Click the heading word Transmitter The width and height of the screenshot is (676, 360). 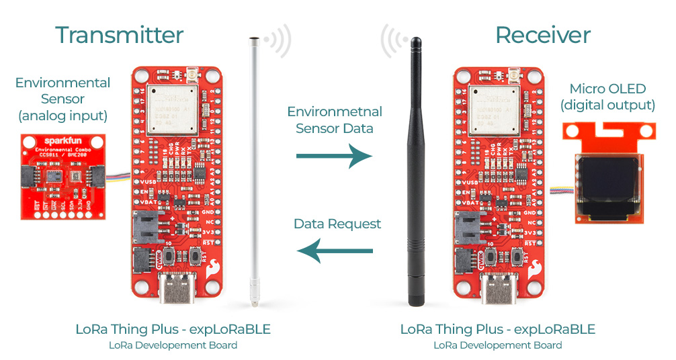pyautogui.click(x=119, y=35)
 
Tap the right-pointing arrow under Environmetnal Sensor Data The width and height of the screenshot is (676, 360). pyautogui.click(x=334, y=156)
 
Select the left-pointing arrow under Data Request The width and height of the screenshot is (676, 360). pyautogui.click(x=335, y=252)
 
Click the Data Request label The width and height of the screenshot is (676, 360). pyautogui.click(x=337, y=224)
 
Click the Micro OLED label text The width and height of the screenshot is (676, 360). pyautogui.click(x=607, y=89)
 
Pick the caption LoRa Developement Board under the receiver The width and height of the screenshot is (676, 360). pyautogui.click(x=497, y=345)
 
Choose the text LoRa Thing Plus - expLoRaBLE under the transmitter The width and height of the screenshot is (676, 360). pyautogui.click(x=173, y=329)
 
